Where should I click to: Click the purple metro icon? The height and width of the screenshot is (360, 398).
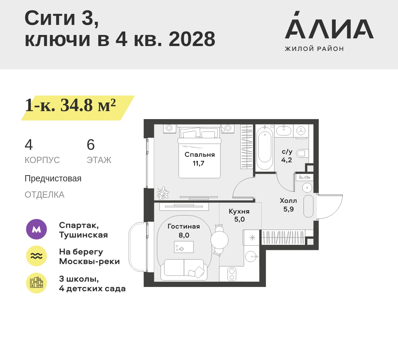36,229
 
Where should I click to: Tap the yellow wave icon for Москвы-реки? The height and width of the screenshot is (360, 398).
36,256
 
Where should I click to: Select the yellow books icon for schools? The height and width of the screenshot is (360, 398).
36,283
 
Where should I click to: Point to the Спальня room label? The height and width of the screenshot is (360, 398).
200,155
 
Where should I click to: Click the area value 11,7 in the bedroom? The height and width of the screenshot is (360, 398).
199,163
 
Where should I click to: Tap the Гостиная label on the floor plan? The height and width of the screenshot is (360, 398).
184,226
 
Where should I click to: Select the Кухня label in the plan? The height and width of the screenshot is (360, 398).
239,211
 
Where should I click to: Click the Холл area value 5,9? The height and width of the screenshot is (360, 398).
288,209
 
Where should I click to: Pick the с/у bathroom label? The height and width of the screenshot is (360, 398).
287,152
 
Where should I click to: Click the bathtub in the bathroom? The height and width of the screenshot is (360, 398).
265,148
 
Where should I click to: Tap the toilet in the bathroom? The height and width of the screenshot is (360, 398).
302,153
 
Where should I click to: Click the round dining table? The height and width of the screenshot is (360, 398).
219,240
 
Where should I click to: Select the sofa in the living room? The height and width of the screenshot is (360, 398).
184,269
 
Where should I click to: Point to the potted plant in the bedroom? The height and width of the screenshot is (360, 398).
163,193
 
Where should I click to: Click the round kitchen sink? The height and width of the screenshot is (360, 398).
251,256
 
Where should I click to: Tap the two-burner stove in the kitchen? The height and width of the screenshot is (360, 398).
232,274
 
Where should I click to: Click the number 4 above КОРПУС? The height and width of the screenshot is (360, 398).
29,145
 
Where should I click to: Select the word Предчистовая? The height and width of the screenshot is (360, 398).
53,179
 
